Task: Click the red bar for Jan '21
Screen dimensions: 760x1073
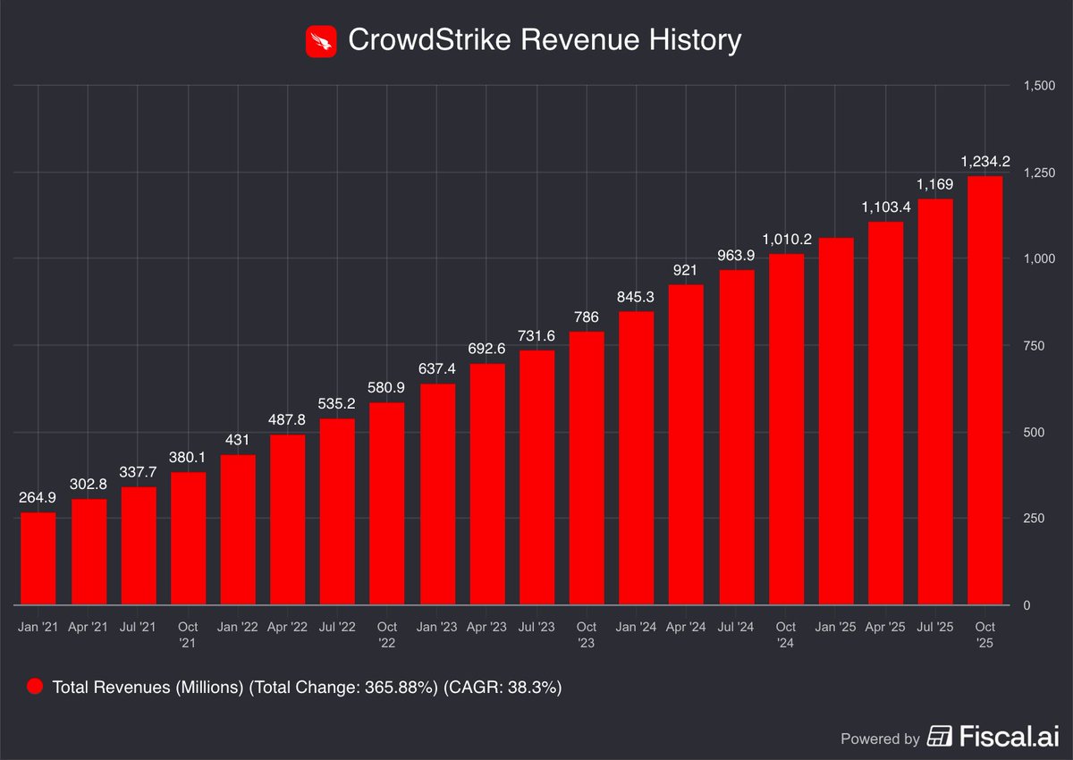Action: pyautogui.click(x=38, y=559)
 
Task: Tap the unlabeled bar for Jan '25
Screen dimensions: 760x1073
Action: pyautogui.click(x=835, y=421)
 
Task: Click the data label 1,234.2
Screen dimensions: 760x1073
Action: pyautogui.click(x=984, y=162)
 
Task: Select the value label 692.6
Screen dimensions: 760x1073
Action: pyautogui.click(x=486, y=349)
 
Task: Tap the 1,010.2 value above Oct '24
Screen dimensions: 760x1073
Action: pyautogui.click(x=785, y=240)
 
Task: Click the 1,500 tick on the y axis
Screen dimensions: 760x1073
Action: pyautogui.click(x=1039, y=86)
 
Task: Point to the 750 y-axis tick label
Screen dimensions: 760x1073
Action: pyautogui.click(x=1035, y=346)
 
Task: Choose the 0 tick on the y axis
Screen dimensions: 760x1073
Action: pyautogui.click(x=1027, y=605)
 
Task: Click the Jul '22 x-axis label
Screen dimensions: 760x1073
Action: pyautogui.click(x=337, y=627)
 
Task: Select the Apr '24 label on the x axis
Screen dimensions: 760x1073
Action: pyautogui.click(x=686, y=627)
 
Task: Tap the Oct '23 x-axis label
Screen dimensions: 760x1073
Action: pyautogui.click(x=586, y=634)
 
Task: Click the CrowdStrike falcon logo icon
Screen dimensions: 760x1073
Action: pyautogui.click(x=321, y=41)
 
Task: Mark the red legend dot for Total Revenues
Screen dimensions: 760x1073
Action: pyautogui.click(x=35, y=687)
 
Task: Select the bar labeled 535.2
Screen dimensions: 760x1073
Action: pyautogui.click(x=337, y=511)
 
